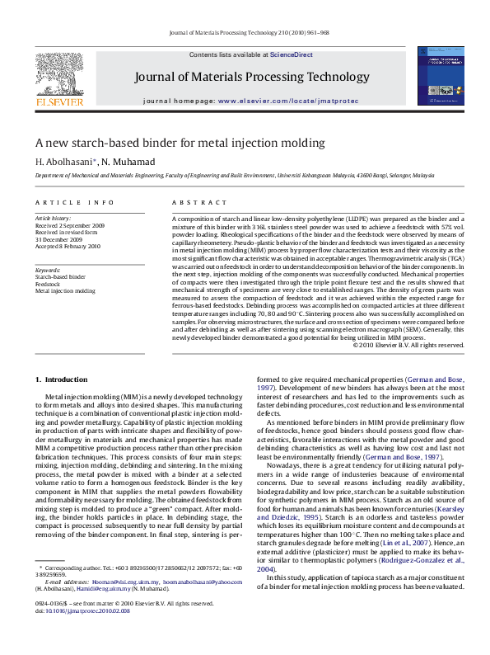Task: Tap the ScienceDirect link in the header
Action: click(x=292, y=54)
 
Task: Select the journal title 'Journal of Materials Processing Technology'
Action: click(x=252, y=78)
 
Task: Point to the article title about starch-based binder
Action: click(x=180, y=142)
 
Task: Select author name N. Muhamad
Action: click(x=121, y=161)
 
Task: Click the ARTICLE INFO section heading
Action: click(x=75, y=202)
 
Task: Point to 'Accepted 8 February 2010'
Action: click(x=68, y=246)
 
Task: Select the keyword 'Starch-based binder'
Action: click(x=60, y=277)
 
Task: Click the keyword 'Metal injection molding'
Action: click(x=65, y=291)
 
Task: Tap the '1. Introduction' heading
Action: click(x=61, y=379)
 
